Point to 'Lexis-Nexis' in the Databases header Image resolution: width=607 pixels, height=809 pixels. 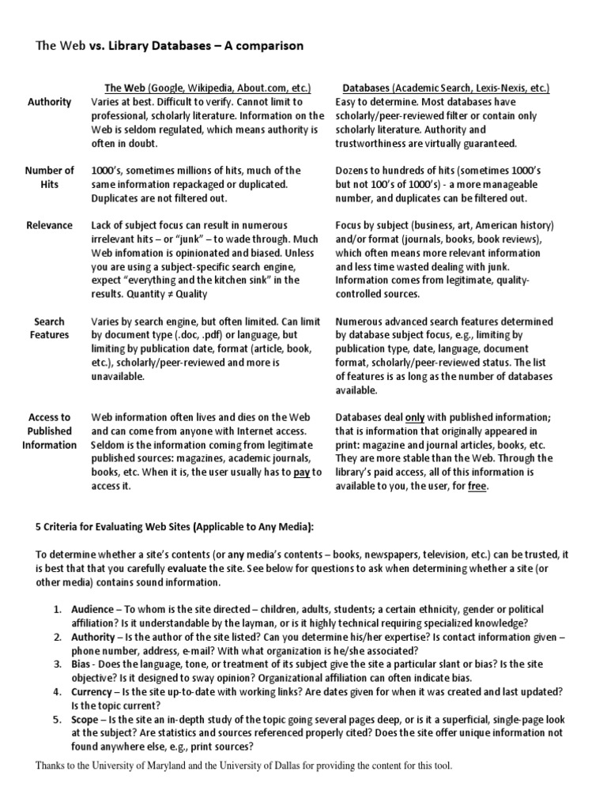point(503,88)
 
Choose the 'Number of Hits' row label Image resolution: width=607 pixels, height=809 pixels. point(49,178)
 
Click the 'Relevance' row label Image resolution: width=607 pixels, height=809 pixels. point(49,225)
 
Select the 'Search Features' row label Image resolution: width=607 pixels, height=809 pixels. point(49,329)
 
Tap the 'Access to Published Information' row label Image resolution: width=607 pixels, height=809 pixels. point(49,431)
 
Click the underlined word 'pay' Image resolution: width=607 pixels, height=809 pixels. point(302,472)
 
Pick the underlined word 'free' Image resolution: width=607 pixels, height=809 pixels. point(477,487)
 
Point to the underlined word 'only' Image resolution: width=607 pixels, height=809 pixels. point(414,417)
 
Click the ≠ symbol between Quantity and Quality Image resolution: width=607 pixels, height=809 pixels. point(170,295)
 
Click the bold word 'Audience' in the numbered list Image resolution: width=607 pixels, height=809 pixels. point(92,610)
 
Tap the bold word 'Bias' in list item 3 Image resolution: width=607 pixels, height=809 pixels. point(83,664)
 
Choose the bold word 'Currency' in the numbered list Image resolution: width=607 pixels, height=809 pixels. point(92,691)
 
